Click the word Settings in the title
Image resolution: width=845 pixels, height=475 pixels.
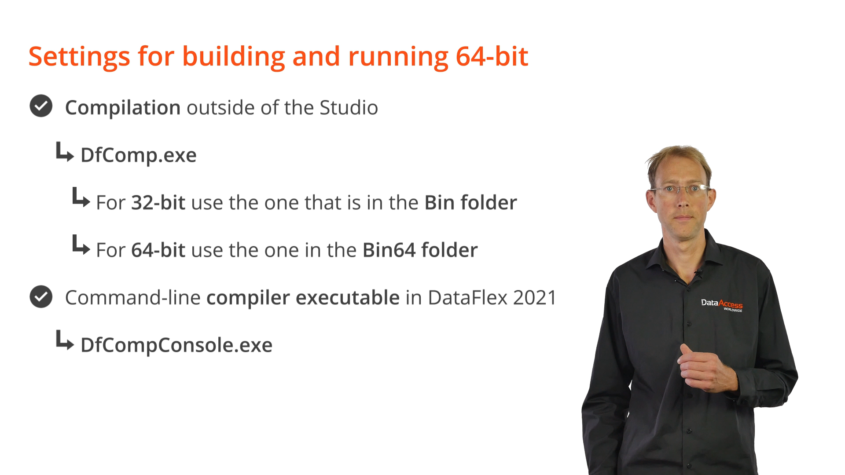[79, 57]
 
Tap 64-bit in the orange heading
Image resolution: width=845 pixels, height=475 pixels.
[492, 56]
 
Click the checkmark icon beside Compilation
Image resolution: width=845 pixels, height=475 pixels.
[41, 106]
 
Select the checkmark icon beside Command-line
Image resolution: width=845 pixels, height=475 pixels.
[41, 296]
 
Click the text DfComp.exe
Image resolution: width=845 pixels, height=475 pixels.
[139, 155]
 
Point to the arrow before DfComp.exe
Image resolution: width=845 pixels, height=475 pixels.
[65, 152]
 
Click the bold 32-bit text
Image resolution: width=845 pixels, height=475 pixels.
[158, 202]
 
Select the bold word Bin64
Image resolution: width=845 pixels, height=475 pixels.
[389, 250]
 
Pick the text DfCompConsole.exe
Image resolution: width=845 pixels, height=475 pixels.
[176, 345]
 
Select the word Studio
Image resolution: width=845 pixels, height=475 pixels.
[349, 108]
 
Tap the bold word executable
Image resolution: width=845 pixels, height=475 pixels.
[348, 298]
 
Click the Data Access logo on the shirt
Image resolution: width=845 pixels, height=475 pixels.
[722, 304]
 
